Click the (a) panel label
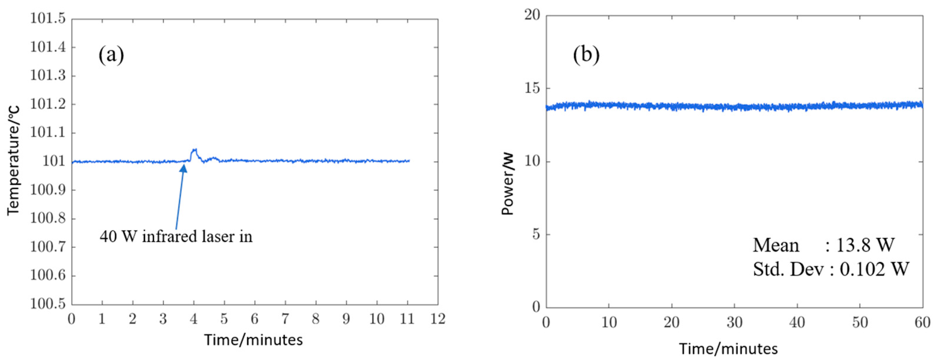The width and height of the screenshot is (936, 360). [111, 55]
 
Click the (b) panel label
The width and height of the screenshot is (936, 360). [586, 55]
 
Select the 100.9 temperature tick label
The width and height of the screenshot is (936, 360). [48, 190]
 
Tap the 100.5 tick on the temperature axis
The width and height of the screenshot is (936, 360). [48, 304]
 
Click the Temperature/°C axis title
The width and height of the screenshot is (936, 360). [13, 160]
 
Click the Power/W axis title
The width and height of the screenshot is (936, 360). [508, 184]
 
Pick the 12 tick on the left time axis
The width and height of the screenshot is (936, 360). [438, 319]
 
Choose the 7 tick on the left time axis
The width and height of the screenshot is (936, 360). [285, 319]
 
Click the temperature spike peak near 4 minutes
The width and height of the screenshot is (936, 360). [194, 150]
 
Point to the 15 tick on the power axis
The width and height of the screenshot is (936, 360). [532, 88]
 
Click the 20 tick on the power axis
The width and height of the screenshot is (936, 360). [532, 15]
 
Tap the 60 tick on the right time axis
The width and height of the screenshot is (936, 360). [922, 322]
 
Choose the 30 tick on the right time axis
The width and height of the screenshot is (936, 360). [734, 322]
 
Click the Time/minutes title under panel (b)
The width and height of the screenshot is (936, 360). [728, 349]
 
